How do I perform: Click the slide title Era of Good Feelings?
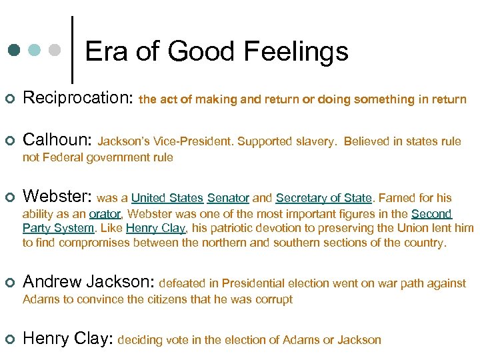click(x=217, y=51)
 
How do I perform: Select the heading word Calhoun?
click(x=56, y=140)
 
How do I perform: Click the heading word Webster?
click(x=56, y=197)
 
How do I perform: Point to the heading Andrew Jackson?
click(x=88, y=282)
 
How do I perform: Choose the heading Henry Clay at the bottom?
click(x=67, y=339)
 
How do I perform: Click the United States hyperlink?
click(x=167, y=198)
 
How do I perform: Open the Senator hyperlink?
click(x=228, y=198)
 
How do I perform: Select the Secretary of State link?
click(x=323, y=198)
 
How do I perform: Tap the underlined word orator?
click(x=105, y=214)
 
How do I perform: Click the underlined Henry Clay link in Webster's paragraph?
click(x=156, y=229)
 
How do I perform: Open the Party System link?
click(x=58, y=229)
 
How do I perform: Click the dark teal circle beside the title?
click(x=15, y=51)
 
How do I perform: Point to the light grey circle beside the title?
click(x=56, y=51)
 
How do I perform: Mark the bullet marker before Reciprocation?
click(x=9, y=99)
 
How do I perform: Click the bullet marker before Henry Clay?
click(x=9, y=339)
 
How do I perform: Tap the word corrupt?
click(x=273, y=299)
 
